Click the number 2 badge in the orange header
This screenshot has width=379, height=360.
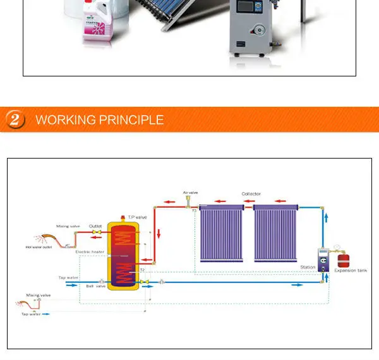click(15, 119)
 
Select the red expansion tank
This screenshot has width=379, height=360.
click(343, 259)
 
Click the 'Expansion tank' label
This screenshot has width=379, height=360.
click(351, 270)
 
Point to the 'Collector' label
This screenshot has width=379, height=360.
click(251, 194)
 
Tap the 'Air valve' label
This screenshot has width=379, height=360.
click(190, 192)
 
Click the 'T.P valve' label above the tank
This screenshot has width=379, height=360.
click(137, 217)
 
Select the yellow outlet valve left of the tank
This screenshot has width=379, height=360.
click(97, 232)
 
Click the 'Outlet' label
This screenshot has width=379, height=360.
click(95, 225)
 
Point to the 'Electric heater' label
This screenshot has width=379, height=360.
click(90, 252)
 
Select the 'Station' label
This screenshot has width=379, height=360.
click(308, 267)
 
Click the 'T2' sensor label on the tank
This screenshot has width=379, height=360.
click(142, 270)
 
